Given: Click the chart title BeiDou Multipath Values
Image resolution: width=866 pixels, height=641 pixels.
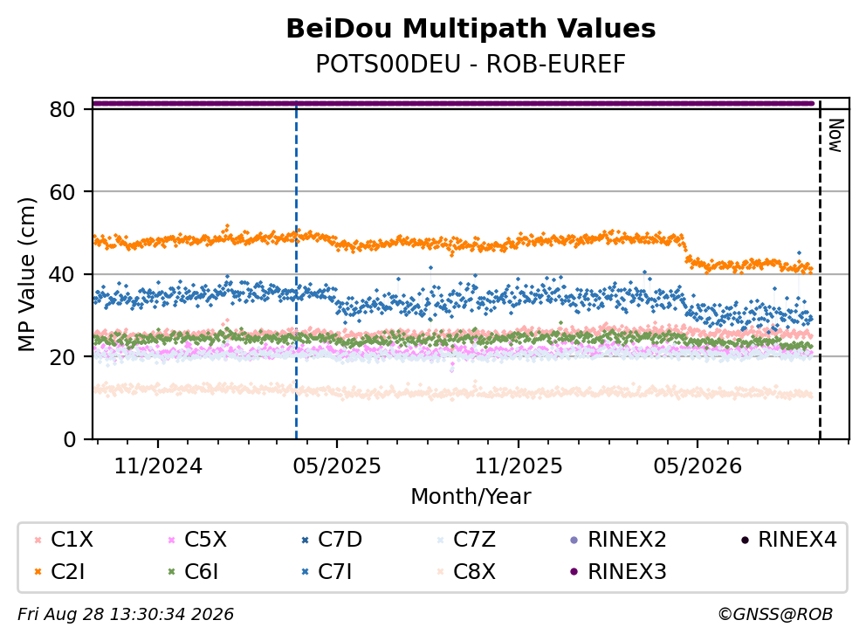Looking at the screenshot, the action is tap(471, 29).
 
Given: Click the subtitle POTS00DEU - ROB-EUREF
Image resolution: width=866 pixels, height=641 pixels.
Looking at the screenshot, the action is tap(471, 64).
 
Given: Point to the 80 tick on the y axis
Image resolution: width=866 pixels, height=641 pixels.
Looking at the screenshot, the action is tap(62, 109).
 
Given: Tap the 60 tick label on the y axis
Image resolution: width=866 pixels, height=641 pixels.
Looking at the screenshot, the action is tap(62, 192).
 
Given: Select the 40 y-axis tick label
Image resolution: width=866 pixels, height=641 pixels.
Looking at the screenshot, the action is tap(62, 274).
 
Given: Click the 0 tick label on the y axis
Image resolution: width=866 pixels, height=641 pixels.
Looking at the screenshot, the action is tap(69, 440).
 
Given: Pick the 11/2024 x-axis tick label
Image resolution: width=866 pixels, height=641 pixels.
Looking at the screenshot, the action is tap(158, 466).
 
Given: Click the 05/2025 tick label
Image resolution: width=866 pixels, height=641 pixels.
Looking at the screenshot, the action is tap(337, 466).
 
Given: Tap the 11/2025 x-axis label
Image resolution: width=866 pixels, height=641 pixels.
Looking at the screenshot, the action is tap(519, 466).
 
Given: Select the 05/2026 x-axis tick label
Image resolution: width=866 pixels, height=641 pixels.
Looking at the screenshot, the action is tap(698, 466).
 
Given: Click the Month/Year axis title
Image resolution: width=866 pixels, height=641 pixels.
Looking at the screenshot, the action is tap(471, 496).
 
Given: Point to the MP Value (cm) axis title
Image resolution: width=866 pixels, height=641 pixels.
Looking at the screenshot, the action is tap(26, 274).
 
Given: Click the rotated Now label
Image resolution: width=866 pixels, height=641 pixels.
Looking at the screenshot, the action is tap(836, 136).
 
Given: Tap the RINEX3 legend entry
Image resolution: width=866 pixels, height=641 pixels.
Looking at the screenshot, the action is tap(618, 571).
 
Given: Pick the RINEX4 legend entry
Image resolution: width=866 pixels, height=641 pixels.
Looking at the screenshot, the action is tap(788, 540).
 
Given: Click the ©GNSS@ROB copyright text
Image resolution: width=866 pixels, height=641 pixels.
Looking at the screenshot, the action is tap(775, 614).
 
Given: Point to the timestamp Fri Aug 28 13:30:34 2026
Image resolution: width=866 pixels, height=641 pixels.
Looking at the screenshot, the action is tap(126, 614).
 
